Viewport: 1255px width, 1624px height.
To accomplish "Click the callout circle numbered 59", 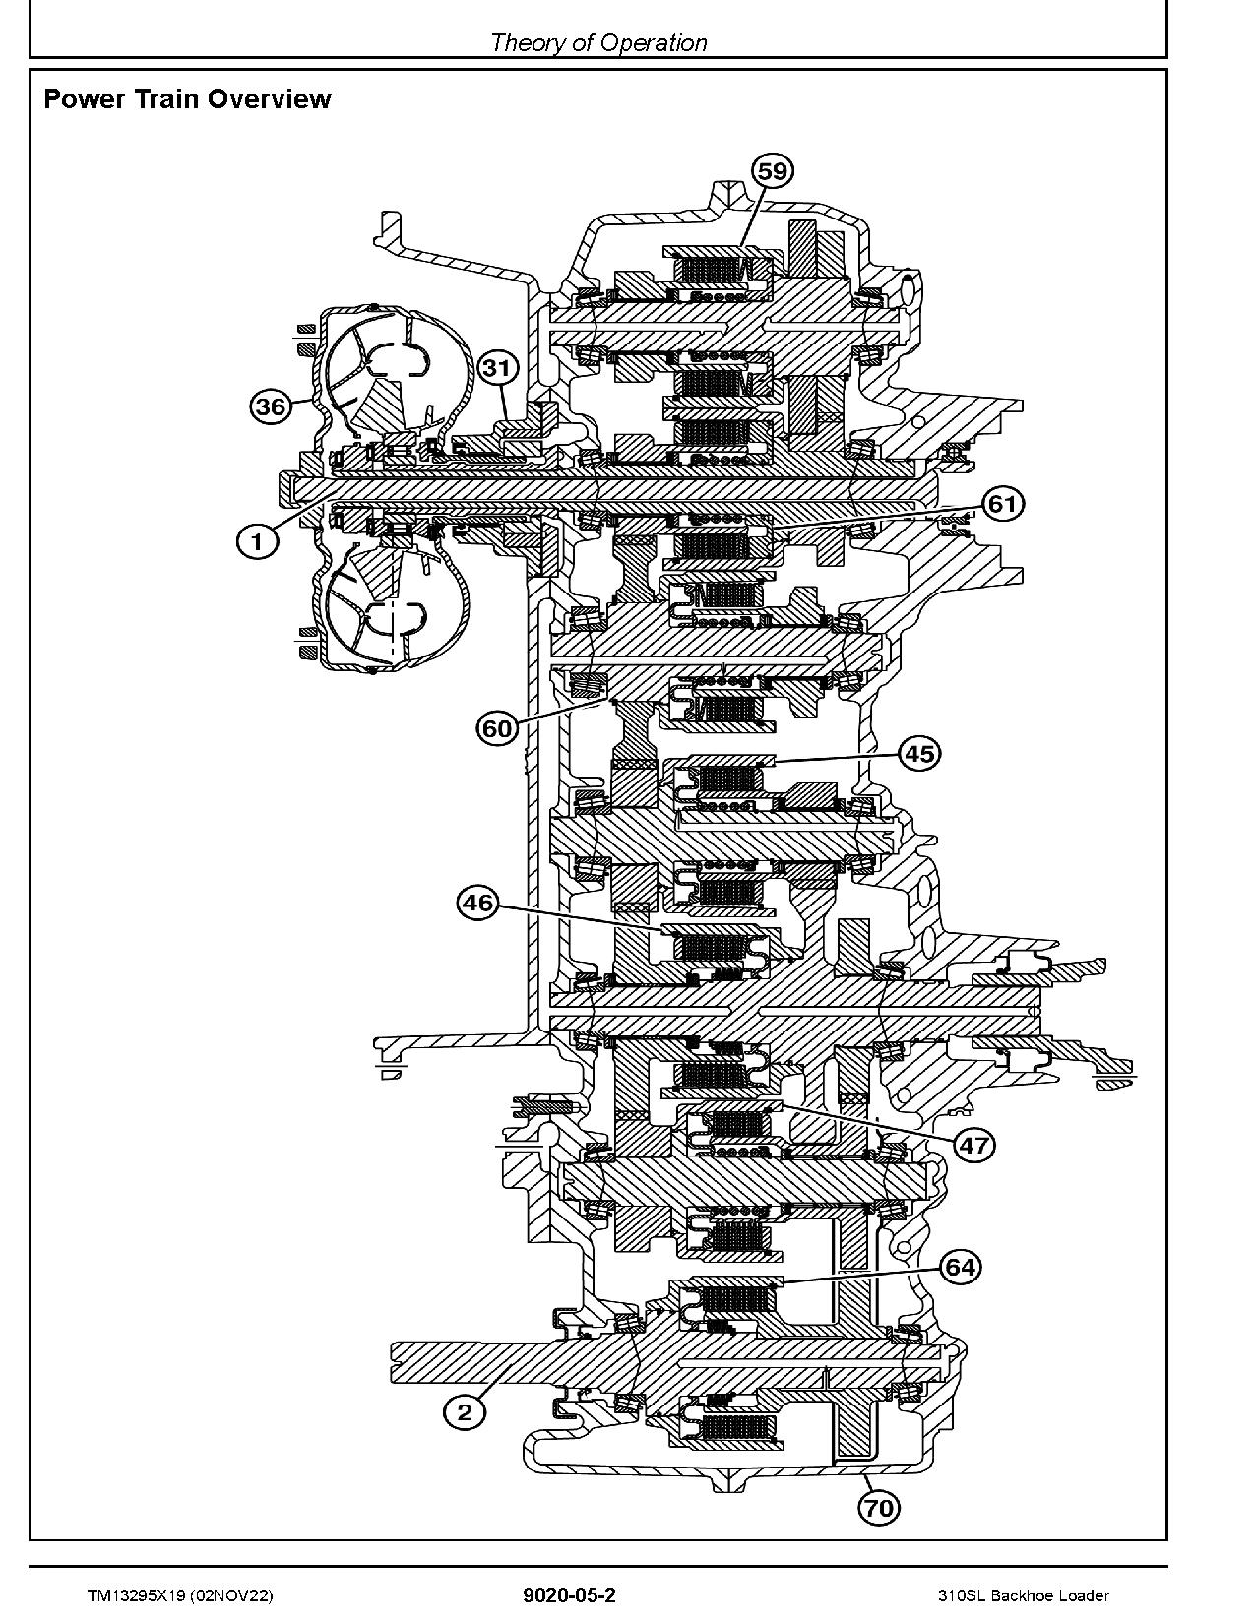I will [x=773, y=171].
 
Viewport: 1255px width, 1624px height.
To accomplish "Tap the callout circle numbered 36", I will [x=272, y=406].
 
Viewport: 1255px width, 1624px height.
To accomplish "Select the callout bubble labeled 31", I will [x=498, y=368].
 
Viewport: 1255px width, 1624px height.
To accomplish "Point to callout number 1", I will [x=257, y=541].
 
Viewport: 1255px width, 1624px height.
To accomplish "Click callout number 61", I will [x=1002, y=505].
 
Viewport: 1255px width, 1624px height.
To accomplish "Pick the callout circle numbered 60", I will [x=498, y=729].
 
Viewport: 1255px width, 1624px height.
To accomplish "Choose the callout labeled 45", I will [x=919, y=754].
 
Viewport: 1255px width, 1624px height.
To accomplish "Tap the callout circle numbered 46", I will [x=478, y=904].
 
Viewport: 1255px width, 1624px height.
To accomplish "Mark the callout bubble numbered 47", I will [x=973, y=1145].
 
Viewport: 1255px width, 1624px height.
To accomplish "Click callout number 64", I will [x=961, y=1267].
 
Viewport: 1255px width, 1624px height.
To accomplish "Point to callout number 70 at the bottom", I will [x=879, y=1507].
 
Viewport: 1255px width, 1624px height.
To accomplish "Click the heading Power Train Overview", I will [x=188, y=99].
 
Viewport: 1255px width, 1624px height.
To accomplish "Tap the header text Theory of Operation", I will [x=597, y=42].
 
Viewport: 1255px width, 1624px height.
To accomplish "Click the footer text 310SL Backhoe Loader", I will [x=1023, y=1596].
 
